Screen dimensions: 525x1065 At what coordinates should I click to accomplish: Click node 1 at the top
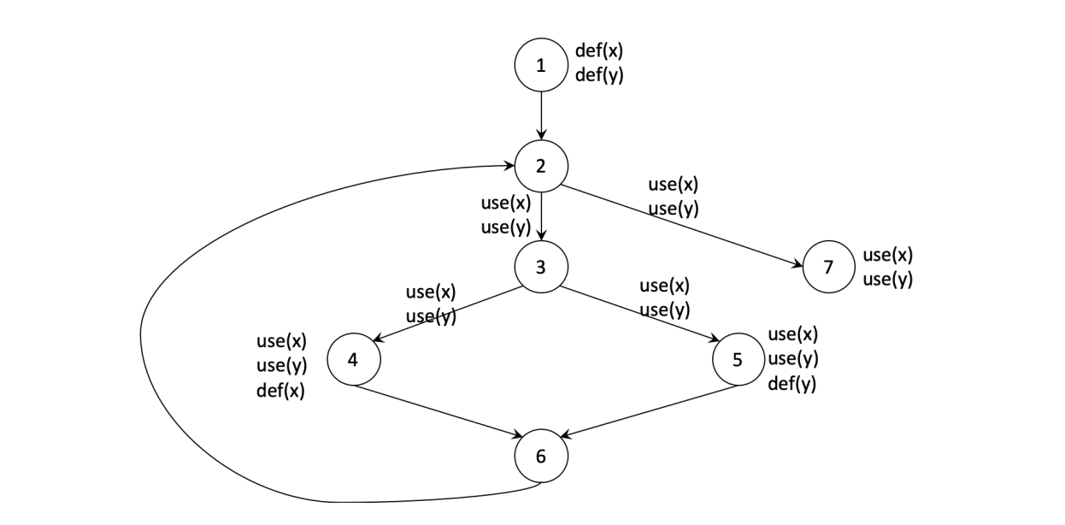tap(540, 65)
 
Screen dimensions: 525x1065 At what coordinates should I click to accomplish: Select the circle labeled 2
tap(540, 166)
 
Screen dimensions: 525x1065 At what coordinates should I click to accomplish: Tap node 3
tap(540, 266)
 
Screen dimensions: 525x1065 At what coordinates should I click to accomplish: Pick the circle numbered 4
tap(354, 360)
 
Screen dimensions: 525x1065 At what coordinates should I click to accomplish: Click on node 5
tap(738, 360)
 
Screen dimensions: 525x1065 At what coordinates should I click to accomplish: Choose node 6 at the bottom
tap(540, 455)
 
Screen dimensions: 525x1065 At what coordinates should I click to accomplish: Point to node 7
tap(827, 266)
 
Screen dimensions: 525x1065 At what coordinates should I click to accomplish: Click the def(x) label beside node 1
tap(598, 50)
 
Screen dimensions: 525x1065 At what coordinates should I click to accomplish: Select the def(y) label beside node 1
tap(598, 74)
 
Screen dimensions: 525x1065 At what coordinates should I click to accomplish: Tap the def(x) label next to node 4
tap(281, 392)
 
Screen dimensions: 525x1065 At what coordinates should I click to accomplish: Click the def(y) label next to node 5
tap(791, 383)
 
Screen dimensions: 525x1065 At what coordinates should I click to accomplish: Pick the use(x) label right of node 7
tap(887, 255)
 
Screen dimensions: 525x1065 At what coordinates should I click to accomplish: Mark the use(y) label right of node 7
tap(887, 279)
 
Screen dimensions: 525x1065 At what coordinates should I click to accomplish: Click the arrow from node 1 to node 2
tap(540, 115)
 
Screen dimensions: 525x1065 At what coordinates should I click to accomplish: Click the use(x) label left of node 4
tap(281, 342)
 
